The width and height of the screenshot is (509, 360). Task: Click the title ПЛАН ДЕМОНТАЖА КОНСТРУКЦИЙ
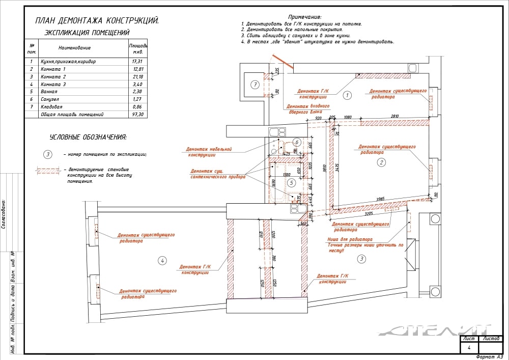click(x=97, y=21)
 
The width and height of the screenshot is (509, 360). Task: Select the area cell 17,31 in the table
click(x=137, y=62)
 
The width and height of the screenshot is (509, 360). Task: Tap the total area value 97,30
click(x=137, y=115)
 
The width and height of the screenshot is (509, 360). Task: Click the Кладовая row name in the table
click(x=52, y=107)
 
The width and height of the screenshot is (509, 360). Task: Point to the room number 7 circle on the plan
click(x=255, y=85)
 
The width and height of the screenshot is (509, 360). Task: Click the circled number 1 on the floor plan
click(x=347, y=95)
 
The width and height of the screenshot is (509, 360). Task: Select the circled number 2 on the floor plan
click(x=381, y=162)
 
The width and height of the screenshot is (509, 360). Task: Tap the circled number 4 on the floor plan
click(x=162, y=261)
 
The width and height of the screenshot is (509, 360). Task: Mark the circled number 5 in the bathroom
click(x=291, y=182)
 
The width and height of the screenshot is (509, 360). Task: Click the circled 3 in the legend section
click(x=47, y=154)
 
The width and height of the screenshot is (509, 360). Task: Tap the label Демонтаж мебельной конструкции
click(x=210, y=152)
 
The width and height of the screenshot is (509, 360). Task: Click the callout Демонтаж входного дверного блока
click(x=308, y=109)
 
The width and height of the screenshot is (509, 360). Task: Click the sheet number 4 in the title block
click(x=469, y=348)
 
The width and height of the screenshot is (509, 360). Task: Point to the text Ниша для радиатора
click(x=350, y=239)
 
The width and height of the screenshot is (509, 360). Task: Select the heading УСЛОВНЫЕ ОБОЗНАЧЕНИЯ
click(x=88, y=137)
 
